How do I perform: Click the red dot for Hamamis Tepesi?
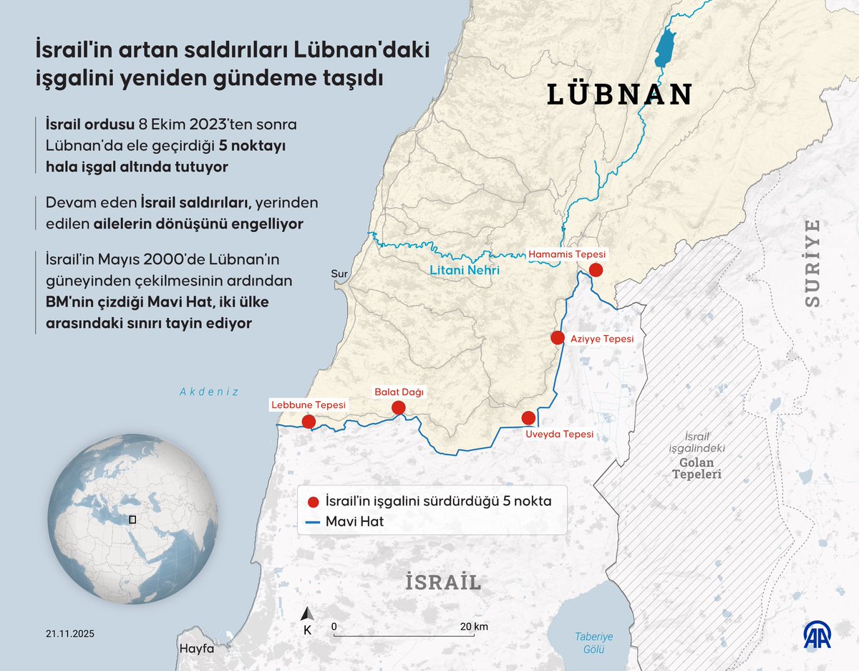[596, 269]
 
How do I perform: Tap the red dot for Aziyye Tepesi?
[558, 337]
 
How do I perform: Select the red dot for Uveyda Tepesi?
[528, 417]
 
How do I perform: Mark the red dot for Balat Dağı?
[399, 407]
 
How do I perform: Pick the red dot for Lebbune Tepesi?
[309, 421]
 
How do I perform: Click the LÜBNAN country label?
[620, 95]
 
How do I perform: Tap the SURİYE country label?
[812, 264]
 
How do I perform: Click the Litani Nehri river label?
[465, 271]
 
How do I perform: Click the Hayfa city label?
[197, 649]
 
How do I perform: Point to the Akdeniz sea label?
[208, 392]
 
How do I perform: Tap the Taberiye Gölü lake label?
[593, 642]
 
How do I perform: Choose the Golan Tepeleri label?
[697, 468]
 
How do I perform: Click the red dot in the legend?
[313, 502]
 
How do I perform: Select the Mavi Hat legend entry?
[354, 522]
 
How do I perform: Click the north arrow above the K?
[307, 614]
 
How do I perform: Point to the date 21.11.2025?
[70, 634]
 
